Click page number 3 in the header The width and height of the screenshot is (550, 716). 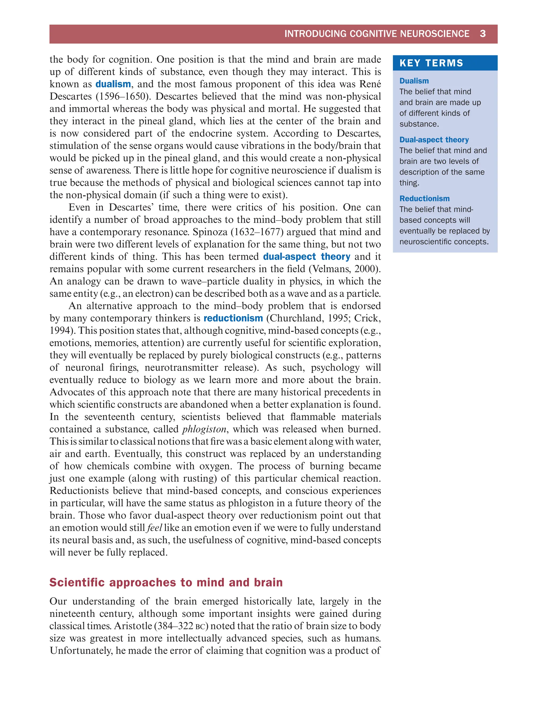(x=483, y=34)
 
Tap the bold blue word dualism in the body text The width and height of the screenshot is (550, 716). (x=113, y=84)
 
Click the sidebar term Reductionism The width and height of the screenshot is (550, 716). (x=424, y=199)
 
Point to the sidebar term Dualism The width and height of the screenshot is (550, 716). (x=414, y=81)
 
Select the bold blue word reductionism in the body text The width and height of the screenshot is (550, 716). (x=233, y=318)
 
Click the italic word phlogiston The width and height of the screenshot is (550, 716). (x=204, y=429)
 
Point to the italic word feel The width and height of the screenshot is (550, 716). (x=154, y=528)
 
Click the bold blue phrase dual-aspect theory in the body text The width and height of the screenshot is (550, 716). (x=306, y=257)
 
